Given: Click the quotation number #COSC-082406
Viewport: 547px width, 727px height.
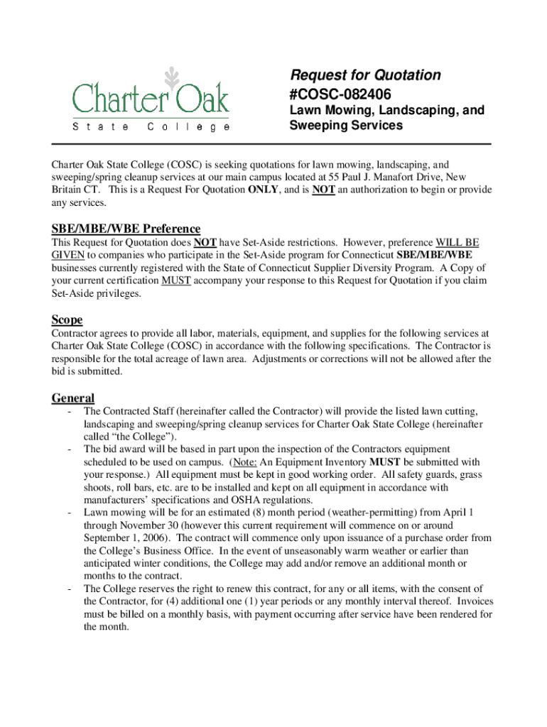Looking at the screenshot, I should point(340,94).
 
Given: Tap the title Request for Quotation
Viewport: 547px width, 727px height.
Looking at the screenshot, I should point(365,75).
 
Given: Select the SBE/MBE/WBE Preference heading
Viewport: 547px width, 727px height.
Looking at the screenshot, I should point(126,229).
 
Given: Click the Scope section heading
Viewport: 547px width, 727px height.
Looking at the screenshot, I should point(67,319).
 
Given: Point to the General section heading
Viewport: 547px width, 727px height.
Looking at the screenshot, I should point(73,398).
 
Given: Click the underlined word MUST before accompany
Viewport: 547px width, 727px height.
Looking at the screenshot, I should point(175,280).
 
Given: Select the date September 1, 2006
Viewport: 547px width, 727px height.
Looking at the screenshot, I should point(129,537).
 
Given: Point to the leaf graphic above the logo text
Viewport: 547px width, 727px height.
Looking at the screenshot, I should point(170,76).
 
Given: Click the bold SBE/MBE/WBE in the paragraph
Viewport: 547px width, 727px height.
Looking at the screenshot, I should point(435,255).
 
